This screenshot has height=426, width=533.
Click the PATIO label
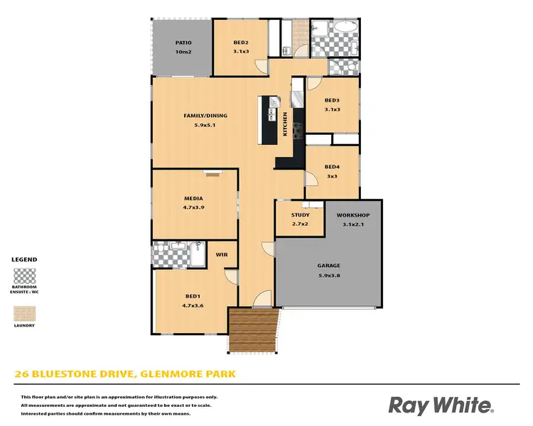(x=183, y=43)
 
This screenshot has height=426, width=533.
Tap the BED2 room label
(x=241, y=43)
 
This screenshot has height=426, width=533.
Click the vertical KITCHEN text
(x=286, y=124)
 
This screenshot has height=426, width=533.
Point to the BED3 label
(x=332, y=100)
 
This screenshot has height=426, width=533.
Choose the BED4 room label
(x=332, y=167)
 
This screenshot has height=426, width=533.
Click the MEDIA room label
(x=193, y=198)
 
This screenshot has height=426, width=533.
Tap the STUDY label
(x=301, y=214)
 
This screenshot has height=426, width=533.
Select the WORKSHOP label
(x=353, y=214)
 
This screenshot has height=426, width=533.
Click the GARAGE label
(x=328, y=266)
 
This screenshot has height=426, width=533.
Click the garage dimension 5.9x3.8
(x=328, y=276)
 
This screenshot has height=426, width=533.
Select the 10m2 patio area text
(x=183, y=52)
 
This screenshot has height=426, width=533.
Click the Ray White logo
(x=441, y=405)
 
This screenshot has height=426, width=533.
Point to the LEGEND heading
(x=25, y=260)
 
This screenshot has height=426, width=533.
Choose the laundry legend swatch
(x=25, y=313)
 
